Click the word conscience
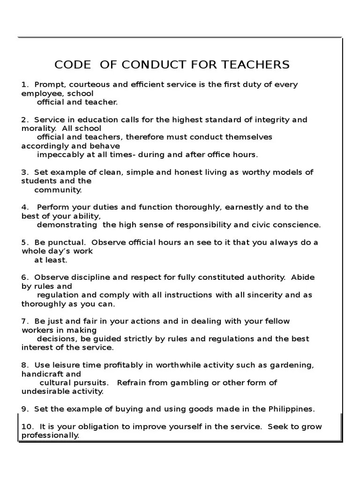[296, 225]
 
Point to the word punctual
[66, 242]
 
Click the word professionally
[50, 435]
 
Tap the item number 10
[27, 427]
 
